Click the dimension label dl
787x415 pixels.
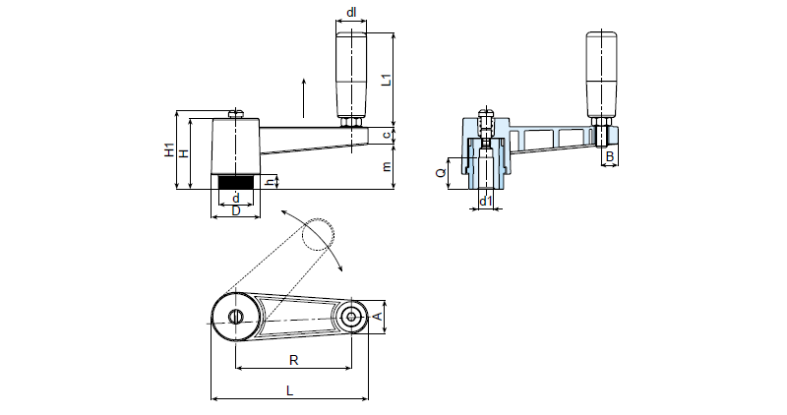point(351,12)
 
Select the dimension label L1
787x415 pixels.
point(388,80)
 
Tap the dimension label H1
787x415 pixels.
point(168,151)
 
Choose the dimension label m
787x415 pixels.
point(388,167)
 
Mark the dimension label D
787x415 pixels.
point(235,210)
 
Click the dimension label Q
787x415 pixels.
point(441,173)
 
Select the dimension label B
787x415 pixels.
point(610,156)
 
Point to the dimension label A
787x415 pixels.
point(379,316)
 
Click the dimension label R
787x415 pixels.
point(293,360)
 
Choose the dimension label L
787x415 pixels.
point(289,390)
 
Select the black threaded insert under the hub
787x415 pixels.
point(235,182)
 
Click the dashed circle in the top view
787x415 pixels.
point(319,233)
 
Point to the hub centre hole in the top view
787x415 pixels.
point(236,316)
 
